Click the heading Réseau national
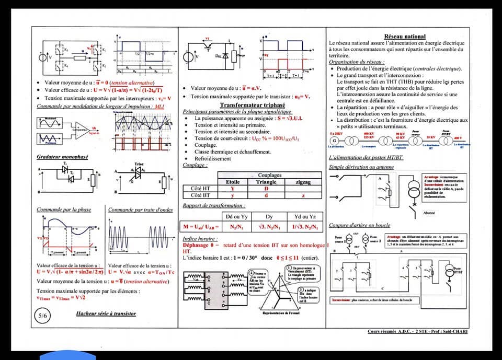[x=405, y=36]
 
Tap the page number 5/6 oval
[x=42, y=316]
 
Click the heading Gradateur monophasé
[x=62, y=157]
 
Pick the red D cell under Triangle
[x=266, y=188]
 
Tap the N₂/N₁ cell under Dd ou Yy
[x=233, y=227]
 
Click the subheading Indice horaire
[x=197, y=238]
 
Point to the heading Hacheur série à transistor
[x=106, y=313]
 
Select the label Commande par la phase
[x=64, y=210]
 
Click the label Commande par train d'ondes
[x=140, y=210]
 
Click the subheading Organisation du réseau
[x=357, y=62]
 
